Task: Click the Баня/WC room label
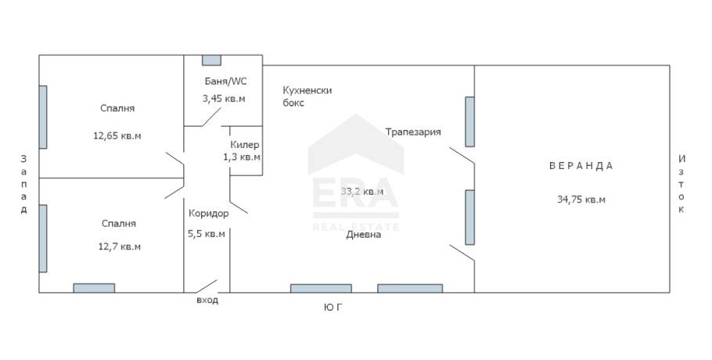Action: (225, 81)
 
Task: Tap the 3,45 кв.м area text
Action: (224, 99)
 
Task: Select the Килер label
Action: (245, 144)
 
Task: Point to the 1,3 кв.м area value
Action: (242, 157)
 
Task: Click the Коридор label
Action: (208, 214)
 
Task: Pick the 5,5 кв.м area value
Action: (207, 234)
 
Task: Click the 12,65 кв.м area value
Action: (117, 135)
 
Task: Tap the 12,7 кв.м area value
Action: (120, 247)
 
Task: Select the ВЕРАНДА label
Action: (581, 166)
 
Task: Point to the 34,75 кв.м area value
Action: (581, 200)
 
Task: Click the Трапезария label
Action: (413, 132)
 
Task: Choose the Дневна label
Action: (364, 235)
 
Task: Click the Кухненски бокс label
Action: (307, 96)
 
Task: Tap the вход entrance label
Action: (207, 300)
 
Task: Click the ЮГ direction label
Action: (333, 308)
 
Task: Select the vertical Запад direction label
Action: (23, 184)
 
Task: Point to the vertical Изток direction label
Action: (681, 184)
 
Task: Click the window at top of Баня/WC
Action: (211, 60)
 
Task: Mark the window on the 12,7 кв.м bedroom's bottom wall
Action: (94, 288)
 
